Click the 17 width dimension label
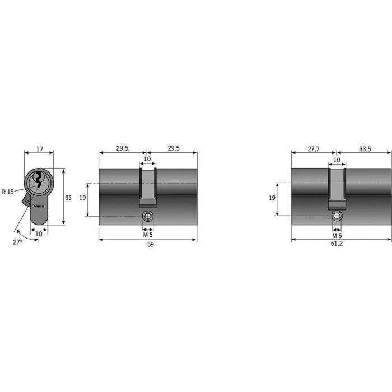pyautogui.click(x=40, y=149)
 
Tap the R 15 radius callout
pyautogui.click(x=8, y=192)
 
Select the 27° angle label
pyautogui.click(x=18, y=242)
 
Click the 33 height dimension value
pyautogui.click(x=68, y=198)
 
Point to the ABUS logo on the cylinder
pyautogui.click(x=39, y=206)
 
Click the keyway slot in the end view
pyautogui.click(x=39, y=179)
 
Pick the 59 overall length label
pyautogui.click(x=151, y=244)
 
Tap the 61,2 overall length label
pyautogui.click(x=337, y=243)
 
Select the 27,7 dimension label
pyautogui.click(x=314, y=149)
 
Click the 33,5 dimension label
pyautogui.click(x=365, y=149)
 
